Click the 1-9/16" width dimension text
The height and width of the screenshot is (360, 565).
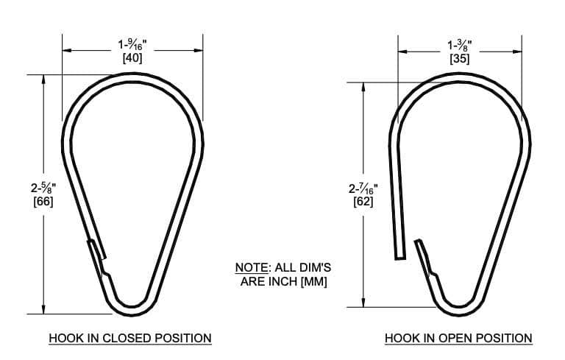[x=132, y=44]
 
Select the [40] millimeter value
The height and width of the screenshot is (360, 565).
[x=132, y=57]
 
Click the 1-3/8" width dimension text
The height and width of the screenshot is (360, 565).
[x=459, y=44]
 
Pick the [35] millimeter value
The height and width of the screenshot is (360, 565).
[x=459, y=57]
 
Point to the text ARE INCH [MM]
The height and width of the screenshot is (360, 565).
[x=283, y=281]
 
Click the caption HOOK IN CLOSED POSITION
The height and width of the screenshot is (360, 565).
[x=130, y=338]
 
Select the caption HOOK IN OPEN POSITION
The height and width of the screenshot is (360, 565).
[x=458, y=338]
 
